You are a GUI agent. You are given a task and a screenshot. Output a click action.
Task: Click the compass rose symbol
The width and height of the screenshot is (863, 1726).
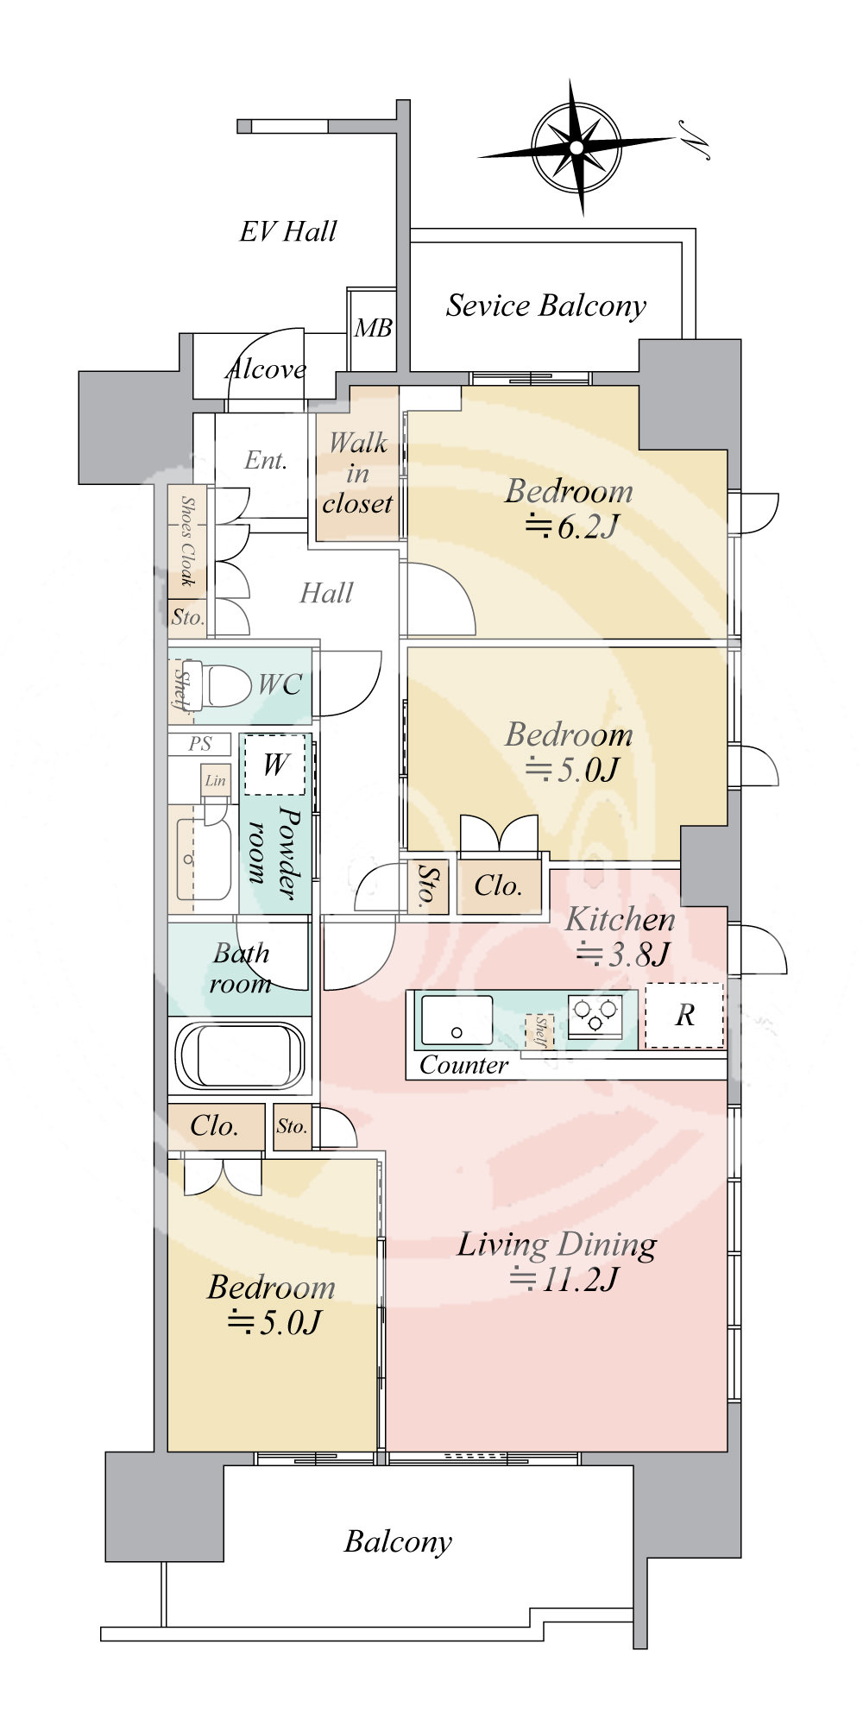(576, 147)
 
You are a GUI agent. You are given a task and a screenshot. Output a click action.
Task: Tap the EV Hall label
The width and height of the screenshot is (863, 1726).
(288, 231)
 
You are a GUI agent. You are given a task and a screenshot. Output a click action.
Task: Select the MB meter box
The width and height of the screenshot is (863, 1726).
(373, 328)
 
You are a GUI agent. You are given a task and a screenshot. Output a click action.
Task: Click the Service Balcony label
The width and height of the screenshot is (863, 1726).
(546, 306)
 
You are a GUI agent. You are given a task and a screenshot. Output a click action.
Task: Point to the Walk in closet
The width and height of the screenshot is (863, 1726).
(357, 473)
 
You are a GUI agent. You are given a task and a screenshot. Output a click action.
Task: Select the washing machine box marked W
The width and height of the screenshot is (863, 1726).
(275, 765)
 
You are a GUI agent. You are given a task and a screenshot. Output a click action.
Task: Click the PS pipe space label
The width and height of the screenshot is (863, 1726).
(200, 743)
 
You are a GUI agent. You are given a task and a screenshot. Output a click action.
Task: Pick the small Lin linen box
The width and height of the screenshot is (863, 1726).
(216, 780)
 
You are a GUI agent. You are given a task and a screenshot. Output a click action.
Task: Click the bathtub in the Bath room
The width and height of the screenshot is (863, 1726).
(241, 1057)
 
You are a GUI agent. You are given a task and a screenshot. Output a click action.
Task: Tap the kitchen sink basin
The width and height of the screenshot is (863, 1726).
(457, 1021)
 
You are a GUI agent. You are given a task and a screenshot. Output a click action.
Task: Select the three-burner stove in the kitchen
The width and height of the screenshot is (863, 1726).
(595, 1015)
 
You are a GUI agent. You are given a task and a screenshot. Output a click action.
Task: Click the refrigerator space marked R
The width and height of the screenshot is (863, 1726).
(685, 1016)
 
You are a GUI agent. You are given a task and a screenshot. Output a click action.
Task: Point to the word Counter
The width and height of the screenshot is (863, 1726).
(463, 1066)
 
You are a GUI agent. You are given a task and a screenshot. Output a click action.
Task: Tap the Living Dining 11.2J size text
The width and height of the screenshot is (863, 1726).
(564, 1278)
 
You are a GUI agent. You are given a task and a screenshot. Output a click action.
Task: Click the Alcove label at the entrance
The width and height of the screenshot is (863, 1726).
(266, 369)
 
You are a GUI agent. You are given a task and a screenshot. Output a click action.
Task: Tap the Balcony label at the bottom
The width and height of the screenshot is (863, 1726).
(398, 1542)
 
